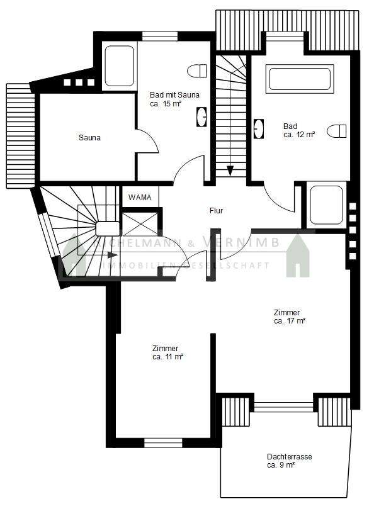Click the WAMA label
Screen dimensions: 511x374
click(140, 198)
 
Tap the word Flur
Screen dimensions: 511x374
click(217, 211)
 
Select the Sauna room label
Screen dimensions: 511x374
click(89, 137)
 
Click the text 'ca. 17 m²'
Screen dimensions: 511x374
click(290, 321)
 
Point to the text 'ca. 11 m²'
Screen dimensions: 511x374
click(167, 357)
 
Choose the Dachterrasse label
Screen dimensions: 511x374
click(290, 457)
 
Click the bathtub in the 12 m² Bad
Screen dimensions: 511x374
click(299, 79)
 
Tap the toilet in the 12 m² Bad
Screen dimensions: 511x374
click(339, 131)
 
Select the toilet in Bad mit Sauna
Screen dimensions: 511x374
click(197, 69)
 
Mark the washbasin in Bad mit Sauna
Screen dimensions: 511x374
click(203, 116)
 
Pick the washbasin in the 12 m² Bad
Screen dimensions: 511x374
click(258, 129)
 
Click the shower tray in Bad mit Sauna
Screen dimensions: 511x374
click(119, 67)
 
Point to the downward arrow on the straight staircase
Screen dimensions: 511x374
click(230, 169)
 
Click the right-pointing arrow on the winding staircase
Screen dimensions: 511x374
click(111, 255)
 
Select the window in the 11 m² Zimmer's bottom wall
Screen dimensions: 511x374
click(162, 443)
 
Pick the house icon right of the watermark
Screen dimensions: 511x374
click(300, 255)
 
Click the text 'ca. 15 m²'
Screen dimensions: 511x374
click(166, 104)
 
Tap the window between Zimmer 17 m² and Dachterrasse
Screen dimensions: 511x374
click(283, 407)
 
